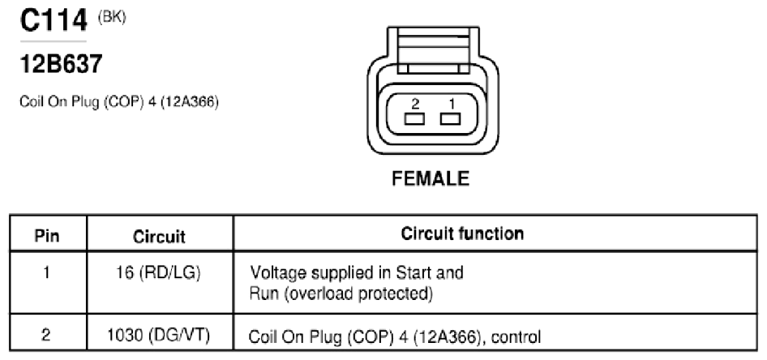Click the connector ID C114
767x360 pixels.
click(x=54, y=20)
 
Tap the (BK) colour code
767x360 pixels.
click(x=112, y=18)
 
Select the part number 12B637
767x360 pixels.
click(x=61, y=64)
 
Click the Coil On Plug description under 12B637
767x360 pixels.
click(x=119, y=102)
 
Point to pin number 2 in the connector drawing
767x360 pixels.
click(x=415, y=104)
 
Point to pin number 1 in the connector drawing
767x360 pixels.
click(x=452, y=104)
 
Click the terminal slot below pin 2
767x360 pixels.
click(x=414, y=119)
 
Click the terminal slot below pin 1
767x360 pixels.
click(x=450, y=119)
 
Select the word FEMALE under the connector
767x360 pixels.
click(x=431, y=178)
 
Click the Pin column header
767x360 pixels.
click(x=47, y=236)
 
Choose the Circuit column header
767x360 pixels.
click(x=160, y=237)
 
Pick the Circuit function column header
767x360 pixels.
click(x=462, y=234)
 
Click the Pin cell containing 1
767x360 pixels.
click(x=46, y=272)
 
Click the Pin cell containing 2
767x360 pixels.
click(x=46, y=336)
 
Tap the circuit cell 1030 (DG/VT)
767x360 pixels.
click(x=159, y=336)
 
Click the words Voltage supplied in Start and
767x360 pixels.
click(x=357, y=272)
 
